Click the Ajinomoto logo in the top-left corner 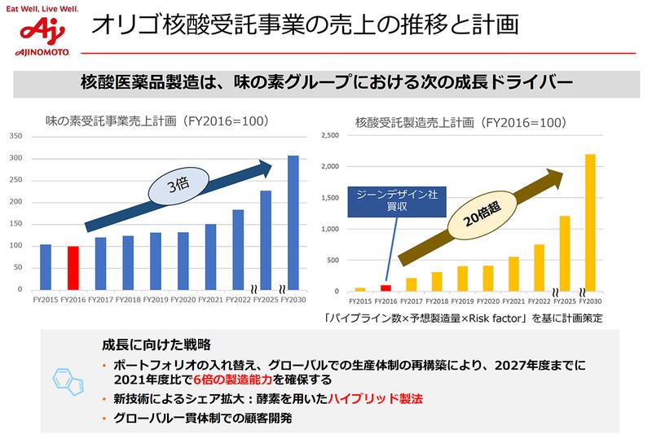point(37,32)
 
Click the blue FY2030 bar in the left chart point(293,222)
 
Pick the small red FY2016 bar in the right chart point(386,288)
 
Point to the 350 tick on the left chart point(16,136)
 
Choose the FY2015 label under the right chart point(360,301)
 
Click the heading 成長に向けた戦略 point(155,345)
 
